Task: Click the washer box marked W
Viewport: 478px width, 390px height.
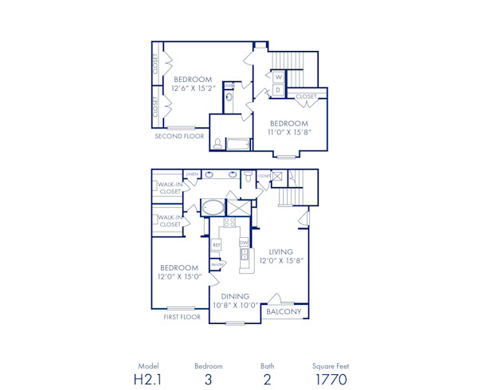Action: pyautogui.click(x=278, y=77)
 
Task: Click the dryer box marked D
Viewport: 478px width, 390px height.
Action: pyautogui.click(x=278, y=89)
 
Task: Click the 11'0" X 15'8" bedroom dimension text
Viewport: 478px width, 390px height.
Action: pyautogui.click(x=288, y=133)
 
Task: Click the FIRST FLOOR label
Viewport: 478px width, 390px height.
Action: pyautogui.click(x=182, y=316)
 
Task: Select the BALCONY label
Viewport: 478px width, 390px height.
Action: pyautogui.click(x=284, y=312)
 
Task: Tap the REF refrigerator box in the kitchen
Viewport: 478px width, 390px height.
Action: pyautogui.click(x=215, y=245)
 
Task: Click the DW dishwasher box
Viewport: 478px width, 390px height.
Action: pyautogui.click(x=244, y=242)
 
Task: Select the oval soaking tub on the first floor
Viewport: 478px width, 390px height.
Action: pyautogui.click(x=213, y=208)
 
